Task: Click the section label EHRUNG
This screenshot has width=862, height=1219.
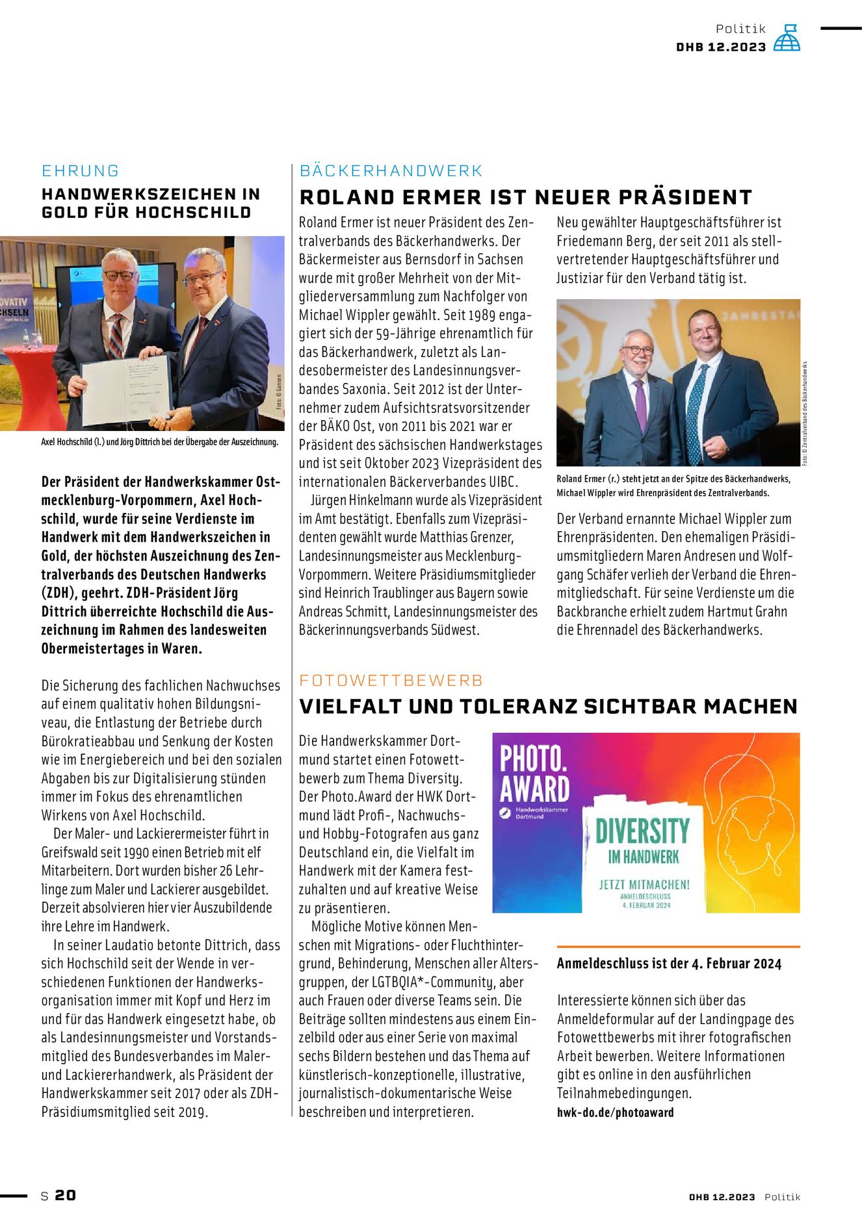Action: pyautogui.click(x=81, y=171)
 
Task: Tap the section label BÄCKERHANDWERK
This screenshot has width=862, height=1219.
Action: pyautogui.click(x=391, y=171)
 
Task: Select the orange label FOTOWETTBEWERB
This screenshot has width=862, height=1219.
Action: pyautogui.click(x=391, y=681)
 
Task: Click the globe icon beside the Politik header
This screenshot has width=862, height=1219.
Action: pyautogui.click(x=787, y=38)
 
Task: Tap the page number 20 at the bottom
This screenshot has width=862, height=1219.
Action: pyautogui.click(x=65, y=1195)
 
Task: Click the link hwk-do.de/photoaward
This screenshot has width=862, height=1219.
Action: pyautogui.click(x=615, y=1112)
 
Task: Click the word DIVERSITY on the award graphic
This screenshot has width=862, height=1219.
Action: pyautogui.click(x=642, y=832)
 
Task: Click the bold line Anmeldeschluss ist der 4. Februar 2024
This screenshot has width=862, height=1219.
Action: pyautogui.click(x=669, y=963)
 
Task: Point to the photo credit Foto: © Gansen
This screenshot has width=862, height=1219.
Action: pyautogui.click(x=279, y=391)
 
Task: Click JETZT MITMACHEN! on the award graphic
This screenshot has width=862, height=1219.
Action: pyautogui.click(x=644, y=884)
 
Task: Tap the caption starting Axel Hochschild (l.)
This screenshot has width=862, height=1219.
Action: pyautogui.click(x=159, y=442)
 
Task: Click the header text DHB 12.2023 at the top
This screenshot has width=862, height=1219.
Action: pyautogui.click(x=721, y=47)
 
